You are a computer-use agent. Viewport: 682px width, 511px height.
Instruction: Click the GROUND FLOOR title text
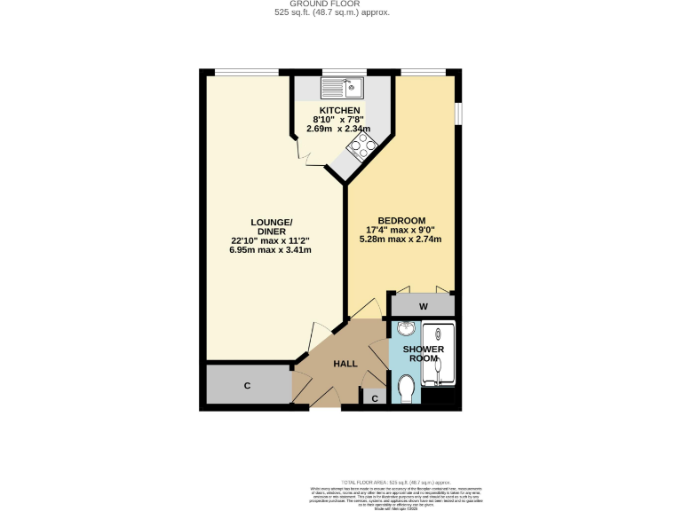coord(340,4)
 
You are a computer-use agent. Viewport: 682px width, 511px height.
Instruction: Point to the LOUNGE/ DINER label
coord(270,225)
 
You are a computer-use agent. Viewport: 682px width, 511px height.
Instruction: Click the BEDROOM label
coord(401,221)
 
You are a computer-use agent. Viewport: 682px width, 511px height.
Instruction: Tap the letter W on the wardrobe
coord(424,307)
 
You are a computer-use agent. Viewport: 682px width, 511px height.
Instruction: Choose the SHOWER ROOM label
coord(424,354)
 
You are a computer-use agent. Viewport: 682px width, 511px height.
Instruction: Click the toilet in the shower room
coord(408,388)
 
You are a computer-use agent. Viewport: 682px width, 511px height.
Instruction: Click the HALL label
coord(345,364)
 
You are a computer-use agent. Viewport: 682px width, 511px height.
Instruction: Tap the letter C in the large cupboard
coord(247,386)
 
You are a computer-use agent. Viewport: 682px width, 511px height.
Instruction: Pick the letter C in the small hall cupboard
coord(375,398)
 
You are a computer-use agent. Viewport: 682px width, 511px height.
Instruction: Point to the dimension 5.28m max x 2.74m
coord(401,239)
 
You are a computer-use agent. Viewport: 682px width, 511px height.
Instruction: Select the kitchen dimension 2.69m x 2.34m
coord(338,128)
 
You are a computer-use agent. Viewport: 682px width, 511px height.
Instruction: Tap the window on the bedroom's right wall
coord(458,114)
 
